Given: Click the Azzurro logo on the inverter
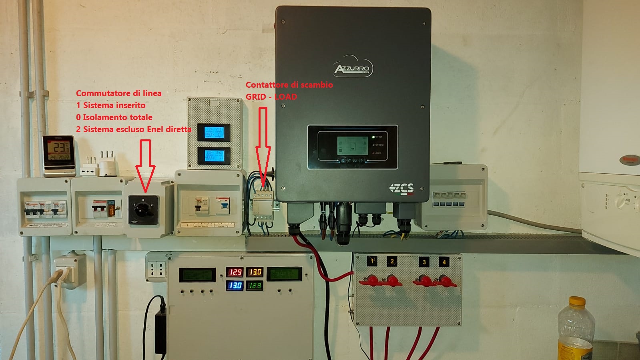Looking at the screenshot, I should pyautogui.click(x=353, y=69).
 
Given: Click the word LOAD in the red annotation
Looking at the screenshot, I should pyautogui.click(x=285, y=97).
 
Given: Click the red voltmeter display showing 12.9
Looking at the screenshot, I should pyautogui.click(x=235, y=272).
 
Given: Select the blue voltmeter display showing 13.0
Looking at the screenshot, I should pyautogui.click(x=235, y=286).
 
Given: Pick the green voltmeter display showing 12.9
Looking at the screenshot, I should pyautogui.click(x=255, y=286).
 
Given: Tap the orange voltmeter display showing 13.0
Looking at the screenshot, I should pyautogui.click(x=255, y=272).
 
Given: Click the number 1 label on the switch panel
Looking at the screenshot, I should pyautogui.click(x=372, y=261).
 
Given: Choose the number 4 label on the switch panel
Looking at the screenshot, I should pyautogui.click(x=444, y=262).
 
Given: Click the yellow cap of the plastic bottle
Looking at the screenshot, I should pyautogui.click(x=577, y=302).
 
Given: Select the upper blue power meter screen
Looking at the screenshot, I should pyautogui.click(x=215, y=132).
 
